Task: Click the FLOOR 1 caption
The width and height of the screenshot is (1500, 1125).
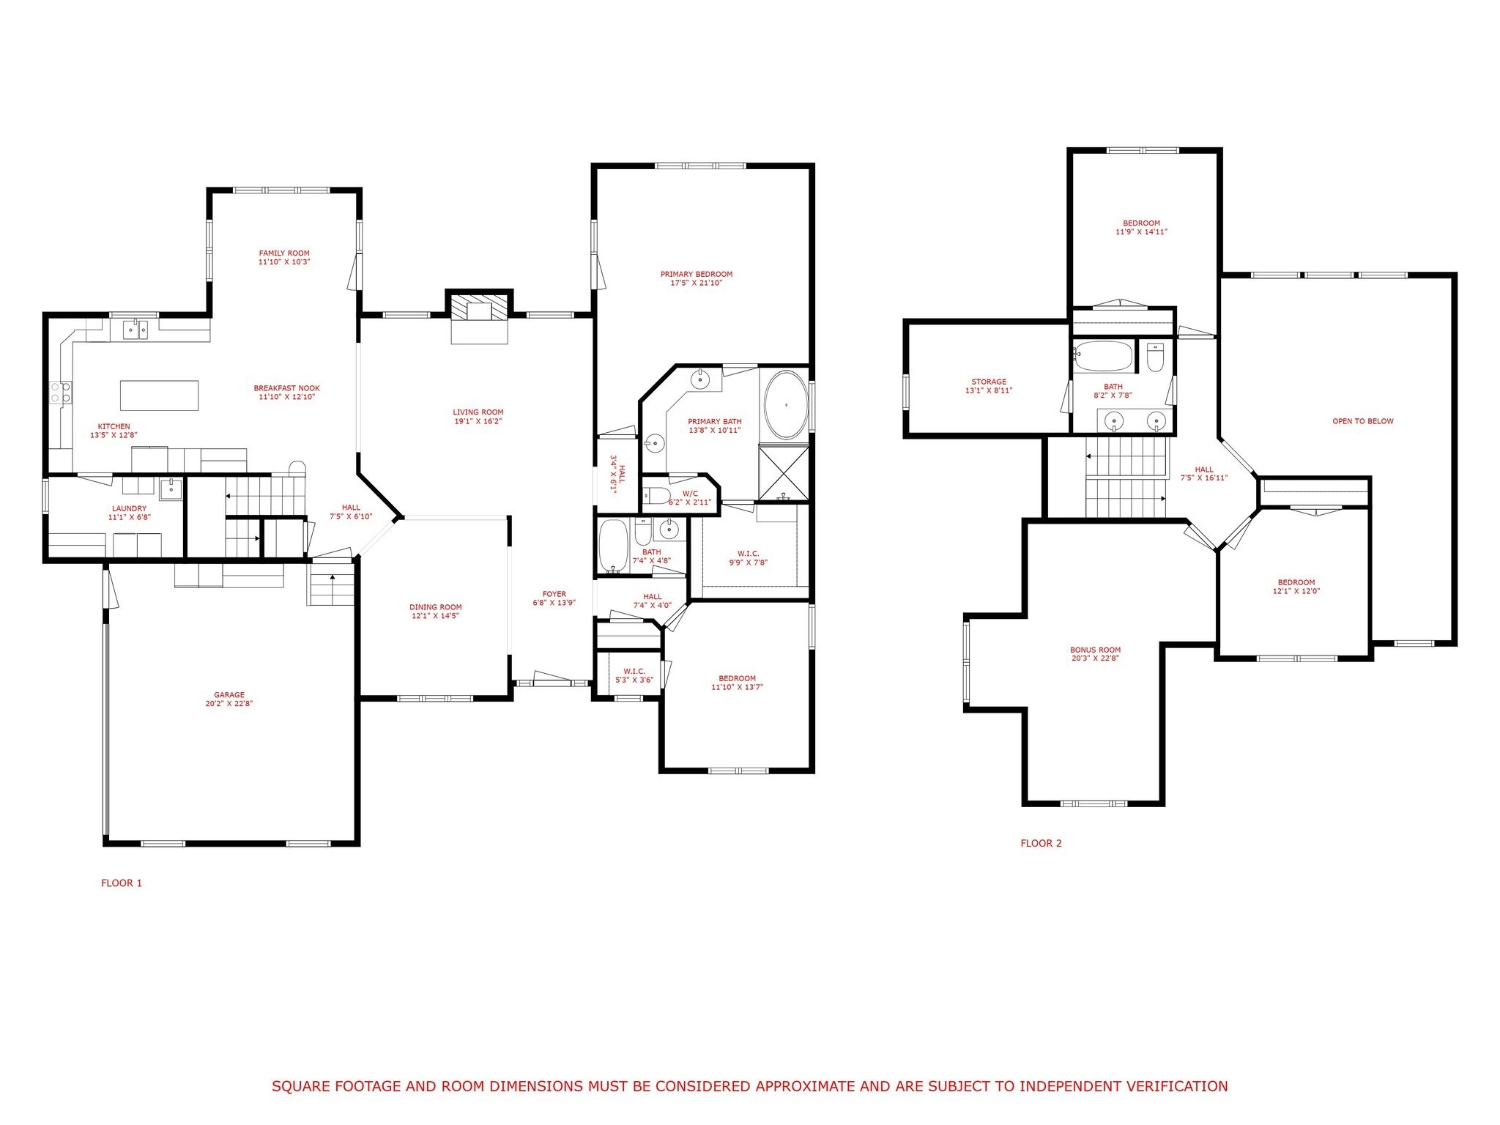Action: (122, 883)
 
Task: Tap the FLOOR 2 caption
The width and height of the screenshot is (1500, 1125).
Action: (1041, 843)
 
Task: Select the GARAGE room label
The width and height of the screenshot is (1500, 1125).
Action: (229, 695)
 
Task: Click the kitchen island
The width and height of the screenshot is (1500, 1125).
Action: (159, 396)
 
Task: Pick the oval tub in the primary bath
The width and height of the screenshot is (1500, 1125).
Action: (785, 405)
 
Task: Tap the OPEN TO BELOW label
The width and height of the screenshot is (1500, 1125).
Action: (1362, 421)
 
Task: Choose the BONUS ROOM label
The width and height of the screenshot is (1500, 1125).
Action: (1095, 650)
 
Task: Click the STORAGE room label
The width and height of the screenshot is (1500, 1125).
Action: (989, 382)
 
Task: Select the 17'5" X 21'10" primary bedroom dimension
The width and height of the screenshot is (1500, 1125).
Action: (696, 283)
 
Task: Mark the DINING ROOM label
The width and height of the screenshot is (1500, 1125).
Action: (435, 607)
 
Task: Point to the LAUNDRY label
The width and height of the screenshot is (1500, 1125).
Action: (129, 508)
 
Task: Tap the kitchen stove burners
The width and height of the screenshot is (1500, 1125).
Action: (60, 393)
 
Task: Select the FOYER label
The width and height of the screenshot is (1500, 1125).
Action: (554, 594)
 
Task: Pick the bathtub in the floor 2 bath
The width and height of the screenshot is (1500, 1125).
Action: (1104, 357)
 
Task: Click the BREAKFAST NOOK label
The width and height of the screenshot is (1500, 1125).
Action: (286, 388)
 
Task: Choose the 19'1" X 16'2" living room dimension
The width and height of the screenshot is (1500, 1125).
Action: (478, 421)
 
